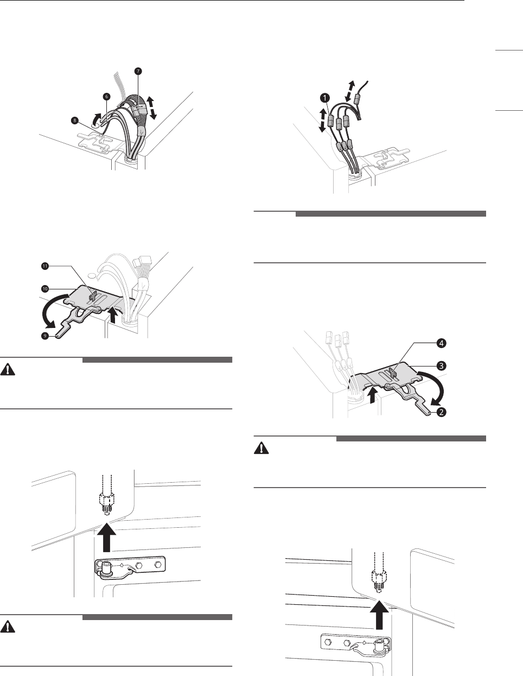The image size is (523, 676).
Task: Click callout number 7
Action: pyautogui.click(x=138, y=71)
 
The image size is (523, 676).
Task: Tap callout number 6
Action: pyautogui.click(x=106, y=97)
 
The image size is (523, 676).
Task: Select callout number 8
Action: pyautogui.click(x=74, y=121)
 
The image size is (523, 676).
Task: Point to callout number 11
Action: pyautogui.click(x=45, y=266)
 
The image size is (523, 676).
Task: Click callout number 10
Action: pyautogui.click(x=45, y=289)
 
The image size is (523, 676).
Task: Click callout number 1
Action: pyautogui.click(x=325, y=98)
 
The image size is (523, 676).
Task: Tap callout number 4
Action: pyautogui.click(x=441, y=343)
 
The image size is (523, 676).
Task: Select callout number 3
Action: pyautogui.click(x=441, y=366)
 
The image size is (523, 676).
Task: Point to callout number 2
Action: pyautogui.click(x=441, y=413)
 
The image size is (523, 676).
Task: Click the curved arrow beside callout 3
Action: pyautogui.click(x=439, y=383)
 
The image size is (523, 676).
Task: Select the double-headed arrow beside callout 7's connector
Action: pyautogui.click(x=152, y=108)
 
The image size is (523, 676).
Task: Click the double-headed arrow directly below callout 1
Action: pyautogui.click(x=323, y=121)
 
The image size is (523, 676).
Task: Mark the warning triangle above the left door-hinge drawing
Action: pyautogui.click(x=8, y=370)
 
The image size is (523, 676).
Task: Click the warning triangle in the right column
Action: pyautogui.click(x=261, y=448)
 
